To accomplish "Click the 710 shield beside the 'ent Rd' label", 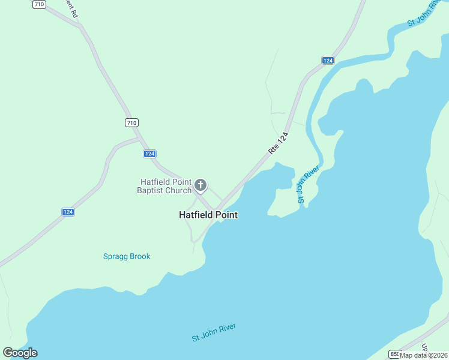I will [x=39, y=4].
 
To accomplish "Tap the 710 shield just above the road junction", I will [x=131, y=122].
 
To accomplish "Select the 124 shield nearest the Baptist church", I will [x=150, y=154].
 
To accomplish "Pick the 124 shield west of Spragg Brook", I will [x=68, y=212].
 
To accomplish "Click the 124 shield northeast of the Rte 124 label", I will [x=327, y=61].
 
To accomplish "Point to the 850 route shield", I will [x=394, y=353].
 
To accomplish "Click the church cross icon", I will [x=200, y=185].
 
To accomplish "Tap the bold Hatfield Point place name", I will [x=208, y=215].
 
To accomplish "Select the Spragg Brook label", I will [x=126, y=256].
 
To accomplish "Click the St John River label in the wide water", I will [x=214, y=332].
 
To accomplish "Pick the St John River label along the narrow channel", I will [x=307, y=184].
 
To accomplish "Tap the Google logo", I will [x=20, y=353].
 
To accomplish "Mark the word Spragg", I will [x=114, y=256].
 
